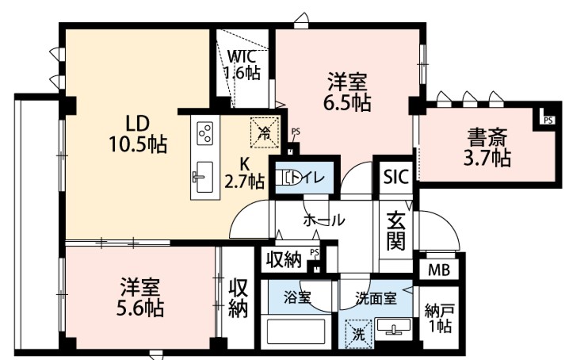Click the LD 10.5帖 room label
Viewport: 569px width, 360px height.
pyautogui.click(x=138, y=134)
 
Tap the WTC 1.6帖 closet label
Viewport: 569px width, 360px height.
pyautogui.click(x=242, y=65)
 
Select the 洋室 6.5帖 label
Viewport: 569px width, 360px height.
pyautogui.click(x=347, y=91)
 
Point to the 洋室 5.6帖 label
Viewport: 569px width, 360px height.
pyautogui.click(x=139, y=297)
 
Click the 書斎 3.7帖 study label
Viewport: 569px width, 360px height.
pyautogui.click(x=487, y=147)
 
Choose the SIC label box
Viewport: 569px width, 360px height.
pyautogui.click(x=396, y=178)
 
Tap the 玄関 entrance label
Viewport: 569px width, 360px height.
pyautogui.click(x=395, y=231)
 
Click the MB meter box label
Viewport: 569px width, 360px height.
pyautogui.click(x=439, y=270)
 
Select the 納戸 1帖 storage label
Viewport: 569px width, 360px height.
pyautogui.click(x=439, y=319)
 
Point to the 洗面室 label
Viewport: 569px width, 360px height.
pyautogui.click(x=376, y=299)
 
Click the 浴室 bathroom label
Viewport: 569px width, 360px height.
pyautogui.click(x=297, y=298)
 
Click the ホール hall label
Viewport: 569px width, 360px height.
pyautogui.click(x=323, y=220)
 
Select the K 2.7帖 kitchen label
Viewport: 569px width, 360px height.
pyautogui.click(x=244, y=174)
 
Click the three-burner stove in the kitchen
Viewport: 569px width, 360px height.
pyautogui.click(x=204, y=133)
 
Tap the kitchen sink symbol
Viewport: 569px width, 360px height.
pyautogui.click(x=203, y=178)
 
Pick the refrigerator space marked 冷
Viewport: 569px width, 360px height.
pyautogui.click(x=265, y=132)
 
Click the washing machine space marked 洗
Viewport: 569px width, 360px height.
pyautogui.click(x=358, y=334)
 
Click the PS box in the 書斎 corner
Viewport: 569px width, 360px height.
pyautogui.click(x=548, y=120)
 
